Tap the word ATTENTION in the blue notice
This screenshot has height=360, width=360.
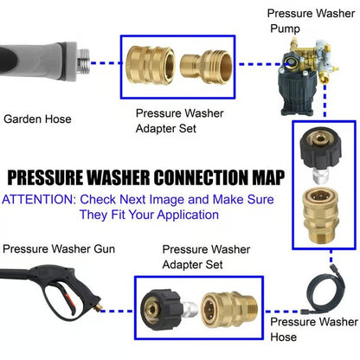[38, 199]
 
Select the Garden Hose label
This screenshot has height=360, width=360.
[39, 120]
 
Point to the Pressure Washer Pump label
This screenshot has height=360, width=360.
[308, 22]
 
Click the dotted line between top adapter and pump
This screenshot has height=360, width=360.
[253, 63]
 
